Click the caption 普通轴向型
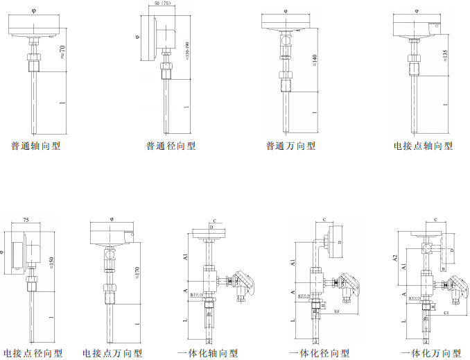(x=35, y=146)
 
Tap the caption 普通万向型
(x=291, y=146)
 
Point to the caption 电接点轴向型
(x=423, y=146)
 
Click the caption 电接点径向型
(x=33, y=353)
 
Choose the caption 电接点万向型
(x=113, y=353)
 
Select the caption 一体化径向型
(x=320, y=353)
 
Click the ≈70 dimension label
(x=62, y=51)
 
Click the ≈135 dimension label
(x=444, y=54)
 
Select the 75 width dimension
(x=26, y=219)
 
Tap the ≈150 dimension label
(x=51, y=261)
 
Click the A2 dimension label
(x=395, y=259)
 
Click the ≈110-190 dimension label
(x=189, y=51)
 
